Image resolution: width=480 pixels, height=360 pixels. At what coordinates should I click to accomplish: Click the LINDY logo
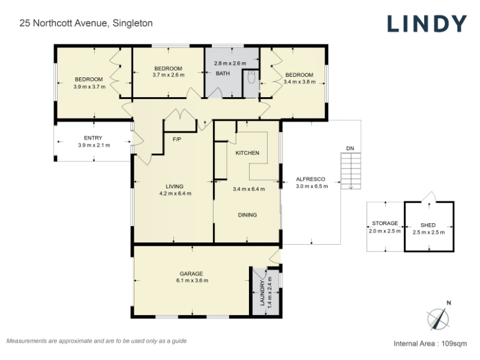pyautogui.click(x=427, y=23)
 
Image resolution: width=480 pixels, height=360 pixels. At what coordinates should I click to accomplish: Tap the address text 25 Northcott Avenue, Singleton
pyautogui.click(x=86, y=23)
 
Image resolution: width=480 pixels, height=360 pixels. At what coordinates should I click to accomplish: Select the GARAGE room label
pyautogui.click(x=191, y=274)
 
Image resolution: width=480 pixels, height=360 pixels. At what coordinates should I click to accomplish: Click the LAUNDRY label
pyautogui.click(x=262, y=293)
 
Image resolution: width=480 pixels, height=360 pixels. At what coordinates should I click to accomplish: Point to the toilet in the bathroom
pyautogui.click(x=251, y=78)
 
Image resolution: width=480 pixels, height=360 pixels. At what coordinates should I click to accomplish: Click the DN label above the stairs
pyautogui.click(x=350, y=148)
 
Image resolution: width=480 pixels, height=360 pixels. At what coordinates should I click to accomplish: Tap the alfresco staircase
pyautogui.click(x=351, y=171)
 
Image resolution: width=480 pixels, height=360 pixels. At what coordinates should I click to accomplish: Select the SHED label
pyautogui.click(x=428, y=226)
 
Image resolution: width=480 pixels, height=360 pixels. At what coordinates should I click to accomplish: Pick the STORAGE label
pyautogui.click(x=385, y=223)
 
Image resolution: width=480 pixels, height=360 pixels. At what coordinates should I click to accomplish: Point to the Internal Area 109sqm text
pyautogui.click(x=430, y=343)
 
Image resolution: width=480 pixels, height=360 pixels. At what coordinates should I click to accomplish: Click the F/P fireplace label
pyautogui.click(x=177, y=140)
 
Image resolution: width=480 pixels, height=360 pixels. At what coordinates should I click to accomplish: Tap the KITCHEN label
pyautogui.click(x=247, y=153)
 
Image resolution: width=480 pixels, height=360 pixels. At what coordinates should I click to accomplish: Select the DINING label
pyautogui.click(x=247, y=215)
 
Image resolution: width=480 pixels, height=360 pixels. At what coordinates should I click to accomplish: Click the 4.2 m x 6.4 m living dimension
pyautogui.click(x=175, y=193)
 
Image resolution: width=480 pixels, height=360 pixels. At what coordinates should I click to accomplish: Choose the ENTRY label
pyautogui.click(x=93, y=138)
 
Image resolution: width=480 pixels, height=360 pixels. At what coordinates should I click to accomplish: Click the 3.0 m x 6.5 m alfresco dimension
pyautogui.click(x=311, y=186)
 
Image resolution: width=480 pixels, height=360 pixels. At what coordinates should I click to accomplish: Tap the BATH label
pyautogui.click(x=223, y=73)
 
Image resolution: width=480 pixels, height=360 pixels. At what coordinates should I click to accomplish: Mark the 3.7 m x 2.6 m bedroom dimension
pyautogui.click(x=169, y=75)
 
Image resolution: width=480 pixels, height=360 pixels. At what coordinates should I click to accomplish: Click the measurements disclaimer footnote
pyautogui.click(x=97, y=341)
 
